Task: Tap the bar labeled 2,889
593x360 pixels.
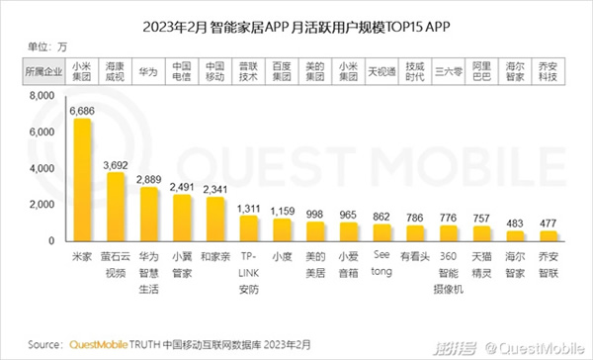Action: coord(149,215)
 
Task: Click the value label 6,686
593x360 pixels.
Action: coord(83,112)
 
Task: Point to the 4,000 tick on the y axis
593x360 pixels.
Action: coord(40,169)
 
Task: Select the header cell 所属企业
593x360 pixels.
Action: coord(40,71)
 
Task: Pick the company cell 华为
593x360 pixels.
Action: coord(147,71)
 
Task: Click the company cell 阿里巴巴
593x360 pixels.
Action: coord(482,71)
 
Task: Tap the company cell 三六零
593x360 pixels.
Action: coord(449,71)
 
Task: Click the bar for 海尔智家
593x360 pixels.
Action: coord(515,236)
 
